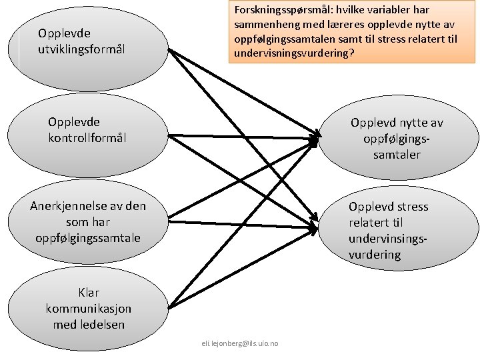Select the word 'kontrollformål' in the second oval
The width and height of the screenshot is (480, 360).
[87, 138]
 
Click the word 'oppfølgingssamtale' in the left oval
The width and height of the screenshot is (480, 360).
[88, 237]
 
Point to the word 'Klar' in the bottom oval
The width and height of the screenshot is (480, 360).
[89, 293]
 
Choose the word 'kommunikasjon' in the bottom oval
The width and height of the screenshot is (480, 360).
[89, 309]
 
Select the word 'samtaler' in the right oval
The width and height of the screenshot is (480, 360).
[397, 155]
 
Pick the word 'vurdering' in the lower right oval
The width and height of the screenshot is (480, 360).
[375, 255]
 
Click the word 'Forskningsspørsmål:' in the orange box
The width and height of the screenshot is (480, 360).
[280, 10]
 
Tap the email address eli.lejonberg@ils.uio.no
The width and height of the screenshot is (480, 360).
[240, 343]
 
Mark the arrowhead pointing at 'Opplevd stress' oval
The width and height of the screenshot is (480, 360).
[313, 227]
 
